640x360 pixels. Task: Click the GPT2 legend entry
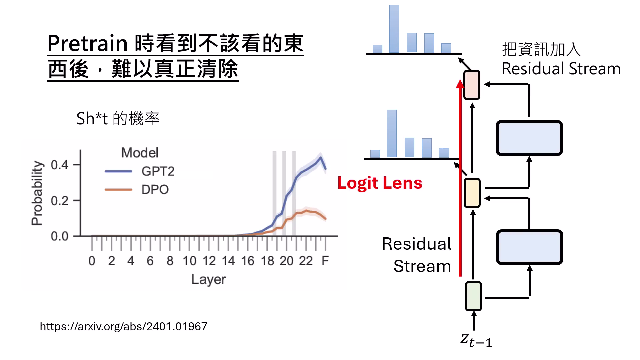[x=157, y=171]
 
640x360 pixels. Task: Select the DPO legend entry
[x=155, y=190]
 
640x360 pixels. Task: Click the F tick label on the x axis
[x=325, y=261]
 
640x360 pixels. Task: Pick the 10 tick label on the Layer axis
[x=189, y=261]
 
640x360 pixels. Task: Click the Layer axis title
[x=208, y=279]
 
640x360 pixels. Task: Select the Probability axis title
[x=37, y=193]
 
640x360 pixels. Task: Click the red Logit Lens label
[x=380, y=183]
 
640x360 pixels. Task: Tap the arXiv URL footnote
[x=123, y=326]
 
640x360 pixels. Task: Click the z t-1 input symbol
[x=476, y=340]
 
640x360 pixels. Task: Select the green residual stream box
[x=473, y=296]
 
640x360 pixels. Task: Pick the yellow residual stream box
[x=472, y=193]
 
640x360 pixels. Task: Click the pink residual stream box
[x=472, y=85]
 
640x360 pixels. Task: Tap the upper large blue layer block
[x=529, y=138]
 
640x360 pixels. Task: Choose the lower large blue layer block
[x=529, y=247]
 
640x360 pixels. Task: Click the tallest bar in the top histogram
[x=394, y=29]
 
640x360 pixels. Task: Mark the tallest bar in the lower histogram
[x=392, y=133]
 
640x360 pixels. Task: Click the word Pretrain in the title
[x=87, y=43]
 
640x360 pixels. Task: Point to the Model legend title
[x=140, y=153]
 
